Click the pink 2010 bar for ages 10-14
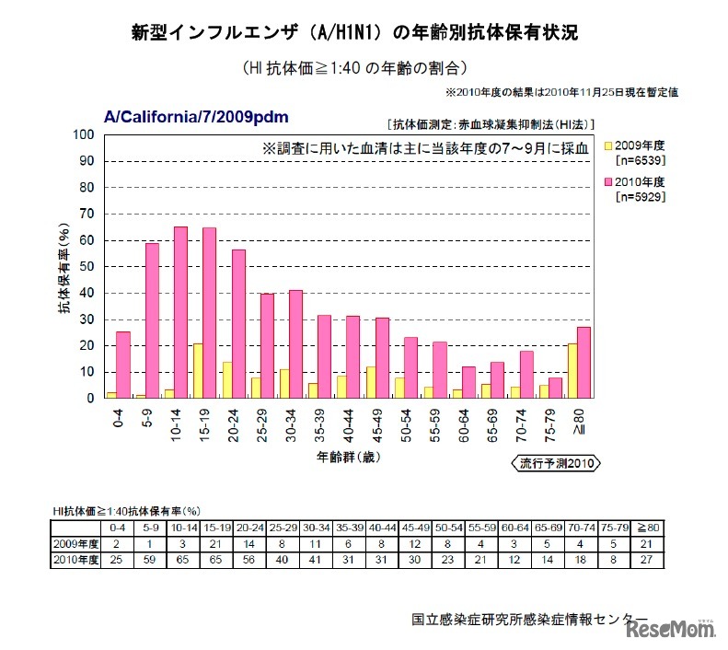pyautogui.click(x=180, y=313)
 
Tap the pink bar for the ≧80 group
pyautogui.click(x=584, y=363)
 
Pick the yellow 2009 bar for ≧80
pyautogui.click(x=572, y=371)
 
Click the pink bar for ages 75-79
pyautogui.click(x=555, y=388)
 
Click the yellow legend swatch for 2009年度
pyautogui.click(x=608, y=145)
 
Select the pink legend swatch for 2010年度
pyautogui.click(x=608, y=181)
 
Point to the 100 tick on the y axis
pyautogui.click(x=85, y=134)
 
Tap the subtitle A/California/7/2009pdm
pyautogui.click(x=197, y=117)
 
